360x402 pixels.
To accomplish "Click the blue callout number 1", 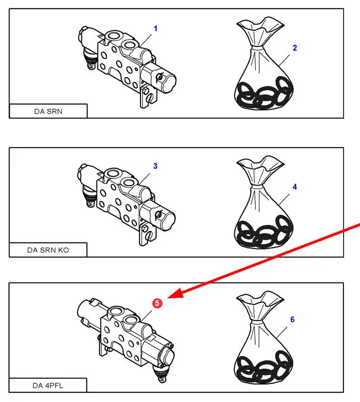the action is tap(156, 28).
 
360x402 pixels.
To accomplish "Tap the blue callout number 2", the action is tap(294, 48).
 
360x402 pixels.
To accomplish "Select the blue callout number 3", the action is tap(155, 166).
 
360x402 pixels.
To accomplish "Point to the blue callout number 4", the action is tap(294, 187).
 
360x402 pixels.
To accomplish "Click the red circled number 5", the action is tap(157, 303).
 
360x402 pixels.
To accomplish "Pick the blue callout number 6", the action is tap(292, 319).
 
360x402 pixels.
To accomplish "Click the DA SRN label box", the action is tap(48, 111).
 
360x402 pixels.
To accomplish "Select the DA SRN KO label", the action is tap(48, 250).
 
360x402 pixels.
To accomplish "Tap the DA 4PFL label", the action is tap(48, 385).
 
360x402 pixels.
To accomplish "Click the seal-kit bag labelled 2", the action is tap(264, 64).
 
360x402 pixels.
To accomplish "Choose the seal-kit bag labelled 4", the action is tap(264, 203).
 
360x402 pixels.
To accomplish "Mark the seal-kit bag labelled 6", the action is tap(263, 338).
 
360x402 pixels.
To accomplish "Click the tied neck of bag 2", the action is tap(257, 49).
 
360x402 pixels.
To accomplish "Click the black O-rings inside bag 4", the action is tap(264, 232).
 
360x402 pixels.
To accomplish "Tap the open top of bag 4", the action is tap(260, 164).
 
